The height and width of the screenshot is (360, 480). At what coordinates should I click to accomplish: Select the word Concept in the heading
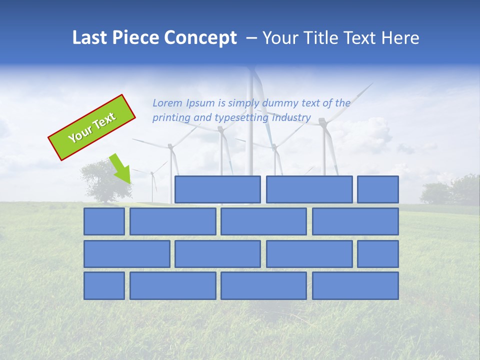(x=201, y=38)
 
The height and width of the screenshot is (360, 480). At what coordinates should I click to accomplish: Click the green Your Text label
(x=92, y=127)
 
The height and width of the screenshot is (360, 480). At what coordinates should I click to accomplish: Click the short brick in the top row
(x=378, y=189)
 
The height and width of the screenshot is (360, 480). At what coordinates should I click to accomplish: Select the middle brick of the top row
(x=309, y=189)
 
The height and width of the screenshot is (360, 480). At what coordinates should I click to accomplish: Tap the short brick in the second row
(x=104, y=221)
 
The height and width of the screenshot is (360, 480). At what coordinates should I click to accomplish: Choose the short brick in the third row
(x=378, y=254)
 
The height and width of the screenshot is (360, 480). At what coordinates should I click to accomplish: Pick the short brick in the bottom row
(x=104, y=286)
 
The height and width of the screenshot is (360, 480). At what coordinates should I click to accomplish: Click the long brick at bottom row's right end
(x=355, y=286)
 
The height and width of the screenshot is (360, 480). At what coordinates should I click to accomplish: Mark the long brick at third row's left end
(x=126, y=254)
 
